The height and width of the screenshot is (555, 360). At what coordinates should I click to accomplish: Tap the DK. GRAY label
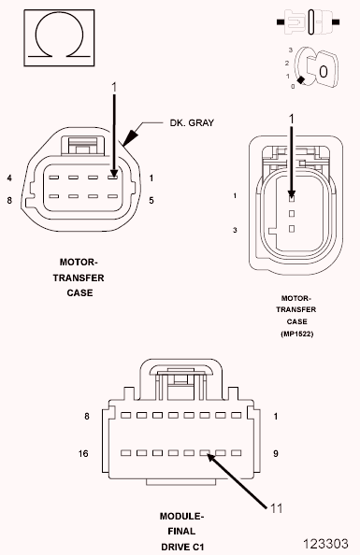tap(192, 121)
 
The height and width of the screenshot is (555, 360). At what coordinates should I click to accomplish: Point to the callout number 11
tap(276, 508)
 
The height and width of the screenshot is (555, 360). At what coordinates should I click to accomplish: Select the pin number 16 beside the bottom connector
tap(85, 452)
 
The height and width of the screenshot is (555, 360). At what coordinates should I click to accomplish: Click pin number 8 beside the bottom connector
tap(87, 417)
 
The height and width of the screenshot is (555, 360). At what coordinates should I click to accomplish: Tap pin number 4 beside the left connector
tap(8, 178)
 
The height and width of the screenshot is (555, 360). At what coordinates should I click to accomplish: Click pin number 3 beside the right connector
tap(237, 229)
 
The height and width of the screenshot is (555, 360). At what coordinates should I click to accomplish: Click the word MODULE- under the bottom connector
tap(181, 515)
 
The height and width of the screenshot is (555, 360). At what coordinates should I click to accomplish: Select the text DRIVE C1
tap(181, 544)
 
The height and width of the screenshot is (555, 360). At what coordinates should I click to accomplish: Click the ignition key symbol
tap(318, 70)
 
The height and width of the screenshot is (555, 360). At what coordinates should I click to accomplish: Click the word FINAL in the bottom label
tap(181, 529)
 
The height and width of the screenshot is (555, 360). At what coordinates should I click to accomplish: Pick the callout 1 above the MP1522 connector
tap(291, 118)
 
